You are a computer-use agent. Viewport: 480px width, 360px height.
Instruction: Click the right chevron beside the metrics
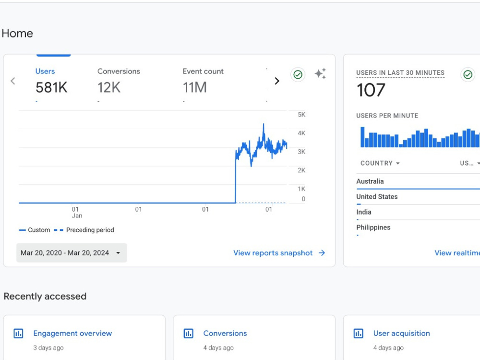(277, 81)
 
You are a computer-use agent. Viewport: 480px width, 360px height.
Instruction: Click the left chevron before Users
(13, 81)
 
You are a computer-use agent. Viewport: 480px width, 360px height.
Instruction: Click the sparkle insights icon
(321, 73)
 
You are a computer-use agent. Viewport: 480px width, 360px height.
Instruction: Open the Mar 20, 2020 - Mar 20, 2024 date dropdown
(72, 253)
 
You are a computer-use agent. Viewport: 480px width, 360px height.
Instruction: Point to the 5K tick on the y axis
(301, 115)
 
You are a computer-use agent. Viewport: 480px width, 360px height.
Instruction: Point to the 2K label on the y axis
(301, 170)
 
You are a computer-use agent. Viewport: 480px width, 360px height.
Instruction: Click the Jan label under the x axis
(77, 216)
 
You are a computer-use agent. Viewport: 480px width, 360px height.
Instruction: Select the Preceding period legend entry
(84, 230)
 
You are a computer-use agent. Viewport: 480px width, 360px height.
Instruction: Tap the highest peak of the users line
(264, 124)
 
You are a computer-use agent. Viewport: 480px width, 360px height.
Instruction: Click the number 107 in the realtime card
(371, 90)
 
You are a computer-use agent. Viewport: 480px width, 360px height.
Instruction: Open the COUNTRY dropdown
(380, 163)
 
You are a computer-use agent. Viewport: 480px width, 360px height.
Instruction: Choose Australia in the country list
(370, 181)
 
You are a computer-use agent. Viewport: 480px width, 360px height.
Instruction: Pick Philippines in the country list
(373, 228)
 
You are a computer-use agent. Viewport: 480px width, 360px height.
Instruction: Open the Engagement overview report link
(72, 334)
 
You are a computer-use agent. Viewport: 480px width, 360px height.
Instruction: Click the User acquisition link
(402, 334)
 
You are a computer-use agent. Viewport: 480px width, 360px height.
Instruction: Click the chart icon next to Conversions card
(188, 334)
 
